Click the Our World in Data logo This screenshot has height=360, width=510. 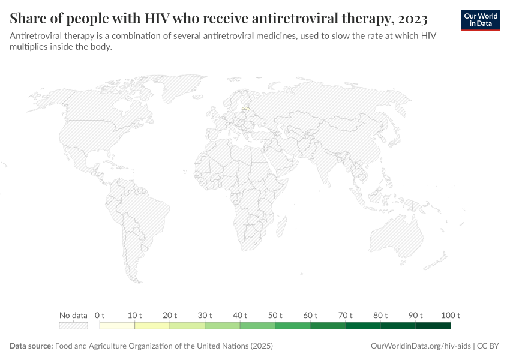pyautogui.click(x=480, y=20)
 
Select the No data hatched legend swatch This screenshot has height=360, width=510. pyautogui.click(x=73, y=326)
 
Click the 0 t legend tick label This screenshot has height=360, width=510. pyautogui.click(x=100, y=315)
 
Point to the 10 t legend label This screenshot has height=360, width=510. pyautogui.click(x=135, y=315)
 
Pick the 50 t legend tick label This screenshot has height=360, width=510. pyautogui.click(x=275, y=315)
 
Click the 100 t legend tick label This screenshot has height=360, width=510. pyautogui.click(x=450, y=315)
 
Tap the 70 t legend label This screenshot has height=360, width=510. pyautogui.click(x=346, y=315)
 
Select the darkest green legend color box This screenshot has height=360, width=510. pyautogui.click(x=433, y=326)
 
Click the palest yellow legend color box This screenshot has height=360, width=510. pyautogui.click(x=117, y=326)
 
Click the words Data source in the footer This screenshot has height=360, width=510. pyautogui.click(x=31, y=346)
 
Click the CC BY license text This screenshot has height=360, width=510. pyautogui.click(x=489, y=346)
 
